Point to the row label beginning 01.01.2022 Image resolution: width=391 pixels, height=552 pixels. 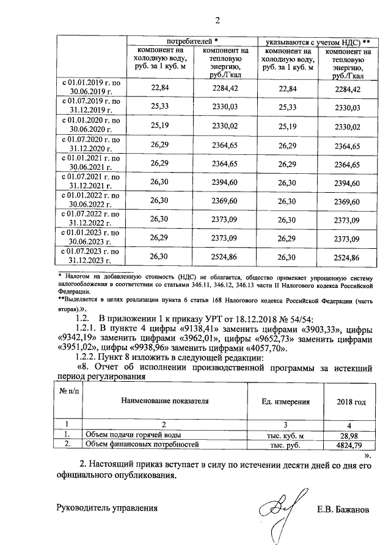click(x=91, y=199)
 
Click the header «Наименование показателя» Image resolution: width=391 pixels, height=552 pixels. click(x=165, y=401)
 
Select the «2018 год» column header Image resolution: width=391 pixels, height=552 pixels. click(x=351, y=402)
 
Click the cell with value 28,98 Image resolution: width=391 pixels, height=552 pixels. click(x=351, y=434)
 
